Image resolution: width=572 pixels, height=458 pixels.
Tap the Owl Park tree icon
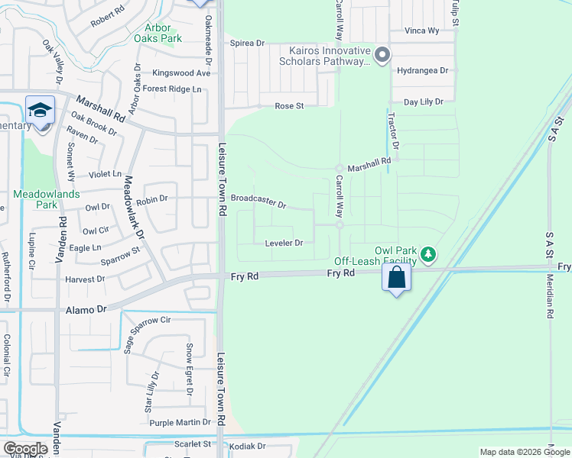tap(431, 253)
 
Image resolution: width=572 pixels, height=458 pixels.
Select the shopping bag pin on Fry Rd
tap(397, 278)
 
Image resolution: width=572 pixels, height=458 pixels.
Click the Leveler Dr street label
tap(284, 243)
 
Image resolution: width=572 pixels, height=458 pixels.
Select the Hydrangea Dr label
tap(422, 70)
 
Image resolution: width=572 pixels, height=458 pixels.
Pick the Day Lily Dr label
tap(423, 101)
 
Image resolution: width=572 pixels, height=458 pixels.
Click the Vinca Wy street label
tap(421, 31)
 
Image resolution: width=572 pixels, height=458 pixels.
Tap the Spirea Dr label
tap(248, 44)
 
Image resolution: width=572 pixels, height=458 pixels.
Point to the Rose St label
tap(290, 106)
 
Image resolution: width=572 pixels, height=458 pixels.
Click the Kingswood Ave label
tap(180, 73)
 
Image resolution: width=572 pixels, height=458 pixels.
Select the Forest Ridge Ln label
tap(172, 89)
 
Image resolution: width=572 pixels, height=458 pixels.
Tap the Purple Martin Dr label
tap(180, 422)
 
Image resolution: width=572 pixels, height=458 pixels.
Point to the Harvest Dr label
tap(84, 279)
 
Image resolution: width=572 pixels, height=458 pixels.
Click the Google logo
tap(24, 449)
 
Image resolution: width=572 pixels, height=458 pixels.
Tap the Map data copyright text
tap(524, 452)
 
